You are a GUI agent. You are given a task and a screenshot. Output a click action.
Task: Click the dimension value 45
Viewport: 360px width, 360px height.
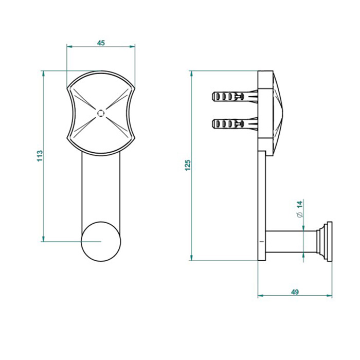coord(101,43)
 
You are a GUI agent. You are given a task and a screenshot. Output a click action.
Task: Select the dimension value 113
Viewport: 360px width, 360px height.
coord(40,156)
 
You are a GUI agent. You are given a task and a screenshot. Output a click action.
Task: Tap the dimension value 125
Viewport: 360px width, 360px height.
coord(188,165)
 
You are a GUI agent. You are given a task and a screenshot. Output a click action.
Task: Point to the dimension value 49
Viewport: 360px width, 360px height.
coord(295,292)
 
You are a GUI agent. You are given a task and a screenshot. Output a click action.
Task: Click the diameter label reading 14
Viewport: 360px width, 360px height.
coord(300,208)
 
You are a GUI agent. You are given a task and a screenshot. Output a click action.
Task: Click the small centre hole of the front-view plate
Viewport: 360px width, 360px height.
coord(101,113)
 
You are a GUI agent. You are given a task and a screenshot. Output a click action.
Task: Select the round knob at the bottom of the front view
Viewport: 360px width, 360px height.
coord(101,242)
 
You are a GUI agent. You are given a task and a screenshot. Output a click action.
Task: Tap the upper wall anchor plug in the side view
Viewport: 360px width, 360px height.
coord(235,97)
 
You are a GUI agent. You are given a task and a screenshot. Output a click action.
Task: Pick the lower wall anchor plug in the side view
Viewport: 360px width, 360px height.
coord(235,124)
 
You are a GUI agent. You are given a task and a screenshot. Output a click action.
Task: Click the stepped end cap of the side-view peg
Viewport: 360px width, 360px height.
coord(324,241)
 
